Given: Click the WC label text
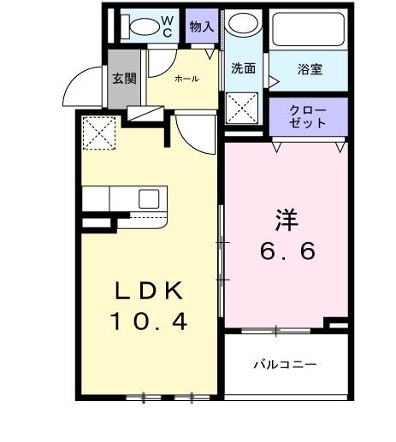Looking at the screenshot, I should (168, 26).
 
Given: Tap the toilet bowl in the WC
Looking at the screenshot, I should (144, 27).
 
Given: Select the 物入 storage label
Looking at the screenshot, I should (202, 27).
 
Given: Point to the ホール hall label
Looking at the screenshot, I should (186, 79).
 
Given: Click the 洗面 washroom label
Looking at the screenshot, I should (244, 69).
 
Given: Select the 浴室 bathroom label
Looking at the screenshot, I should (310, 69).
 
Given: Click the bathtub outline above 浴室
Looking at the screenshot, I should (308, 32).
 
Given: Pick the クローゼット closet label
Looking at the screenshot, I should (308, 117).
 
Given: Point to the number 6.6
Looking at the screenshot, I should (288, 251).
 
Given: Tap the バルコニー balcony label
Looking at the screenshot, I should (285, 364).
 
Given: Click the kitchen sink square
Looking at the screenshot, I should (149, 199).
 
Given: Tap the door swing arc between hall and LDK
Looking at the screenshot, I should (195, 135).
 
